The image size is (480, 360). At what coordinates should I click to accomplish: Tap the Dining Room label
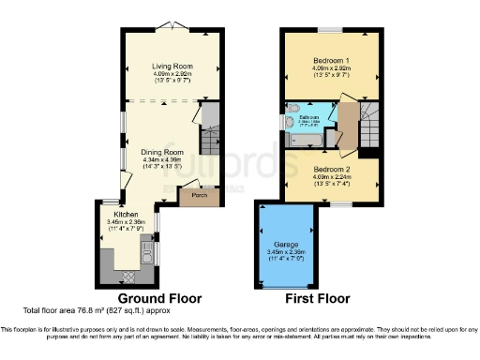pyautogui.click(x=161, y=151)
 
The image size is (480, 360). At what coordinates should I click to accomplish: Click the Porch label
pyautogui.click(x=198, y=197)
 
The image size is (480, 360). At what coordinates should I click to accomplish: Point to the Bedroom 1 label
pyautogui.click(x=331, y=61)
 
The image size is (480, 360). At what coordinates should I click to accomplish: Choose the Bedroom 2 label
pyautogui.click(x=331, y=169)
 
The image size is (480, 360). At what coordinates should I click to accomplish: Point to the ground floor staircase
pyautogui.click(x=211, y=119)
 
